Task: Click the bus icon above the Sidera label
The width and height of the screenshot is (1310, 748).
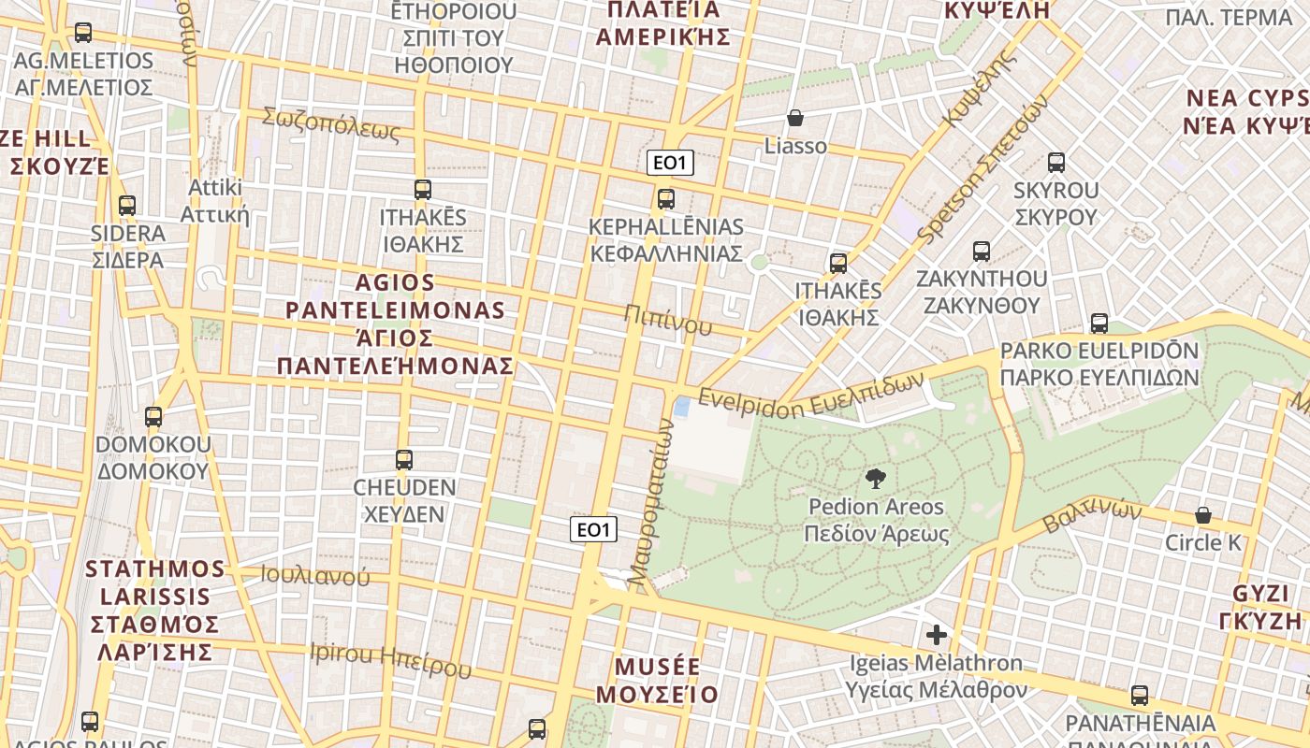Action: point(127,206)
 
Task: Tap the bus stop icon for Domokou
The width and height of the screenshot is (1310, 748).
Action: point(153,417)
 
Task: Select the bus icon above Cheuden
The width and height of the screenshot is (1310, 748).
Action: point(404,460)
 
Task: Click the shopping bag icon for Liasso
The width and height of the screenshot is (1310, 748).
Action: point(795,118)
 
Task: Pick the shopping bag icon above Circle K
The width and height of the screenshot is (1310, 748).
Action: point(1203,515)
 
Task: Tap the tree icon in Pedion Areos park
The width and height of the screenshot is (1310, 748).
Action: point(877,480)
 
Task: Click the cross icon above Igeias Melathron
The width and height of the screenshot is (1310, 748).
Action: point(937,636)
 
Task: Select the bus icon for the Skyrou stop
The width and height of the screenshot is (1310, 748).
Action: point(1056,163)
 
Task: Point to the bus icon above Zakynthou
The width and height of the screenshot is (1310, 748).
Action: point(982,252)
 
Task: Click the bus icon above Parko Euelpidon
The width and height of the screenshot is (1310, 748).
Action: point(1099,324)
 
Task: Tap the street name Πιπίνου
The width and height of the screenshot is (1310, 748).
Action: point(670,320)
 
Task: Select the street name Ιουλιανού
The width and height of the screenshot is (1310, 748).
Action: point(315,575)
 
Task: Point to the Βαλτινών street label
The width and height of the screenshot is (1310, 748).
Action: point(1093,515)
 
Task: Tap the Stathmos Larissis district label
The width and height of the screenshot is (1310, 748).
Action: point(155,610)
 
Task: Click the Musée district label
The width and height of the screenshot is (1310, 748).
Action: point(657,681)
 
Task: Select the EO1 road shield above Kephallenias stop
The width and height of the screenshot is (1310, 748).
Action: point(670,163)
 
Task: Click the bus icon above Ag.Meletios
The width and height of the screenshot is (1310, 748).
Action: point(83,33)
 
